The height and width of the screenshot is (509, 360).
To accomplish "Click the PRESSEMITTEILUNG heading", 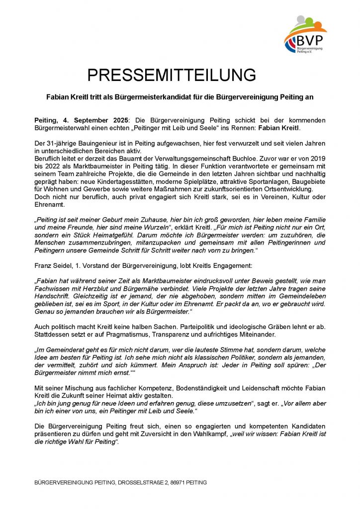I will [172, 75].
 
